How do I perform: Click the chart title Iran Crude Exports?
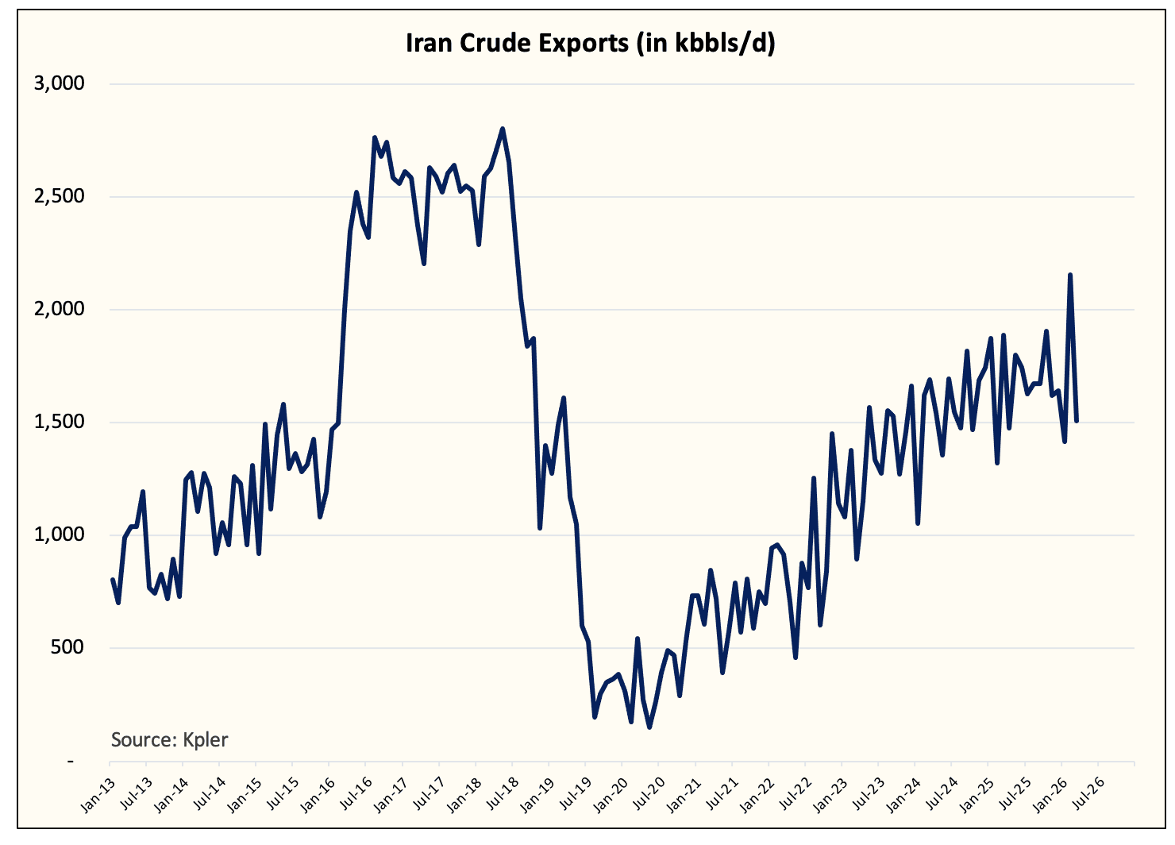pos(590,43)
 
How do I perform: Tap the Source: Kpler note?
pos(169,740)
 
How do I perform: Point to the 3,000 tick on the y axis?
pos(59,83)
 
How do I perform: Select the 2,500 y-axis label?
pos(59,196)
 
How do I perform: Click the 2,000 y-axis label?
pos(59,309)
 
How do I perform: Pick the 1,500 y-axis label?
pos(59,422)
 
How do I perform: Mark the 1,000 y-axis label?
pos(59,534)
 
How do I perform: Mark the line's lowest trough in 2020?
pos(649,727)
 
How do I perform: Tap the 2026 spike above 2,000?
pos(1070,276)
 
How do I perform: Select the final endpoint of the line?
pos(1077,421)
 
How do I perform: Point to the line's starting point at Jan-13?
pos(112,581)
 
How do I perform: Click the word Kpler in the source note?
pos(205,740)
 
